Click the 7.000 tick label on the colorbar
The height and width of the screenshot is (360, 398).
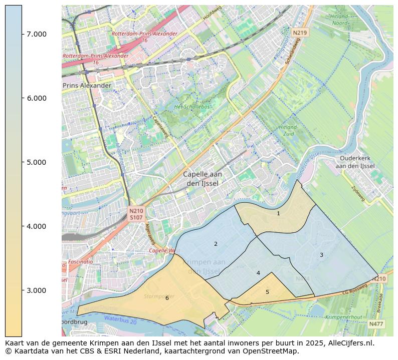[37, 34]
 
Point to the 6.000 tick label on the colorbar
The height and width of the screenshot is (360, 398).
[37, 98]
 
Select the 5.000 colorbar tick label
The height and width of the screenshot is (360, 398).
[37, 162]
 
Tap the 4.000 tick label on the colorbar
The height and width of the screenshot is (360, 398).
[37, 226]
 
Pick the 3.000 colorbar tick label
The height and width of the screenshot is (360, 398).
[37, 290]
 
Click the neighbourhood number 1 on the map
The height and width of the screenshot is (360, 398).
[278, 213]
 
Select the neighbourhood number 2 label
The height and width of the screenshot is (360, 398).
[216, 244]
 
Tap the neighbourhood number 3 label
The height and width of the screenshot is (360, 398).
[321, 255]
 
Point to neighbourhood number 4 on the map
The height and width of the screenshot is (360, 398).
[258, 273]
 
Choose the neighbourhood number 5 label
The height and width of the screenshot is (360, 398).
[267, 292]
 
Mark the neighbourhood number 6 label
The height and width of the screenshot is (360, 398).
[167, 298]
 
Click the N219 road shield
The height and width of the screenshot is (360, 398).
[299, 33]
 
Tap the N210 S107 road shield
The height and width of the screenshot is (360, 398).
[136, 214]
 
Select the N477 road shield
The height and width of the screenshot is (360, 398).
[376, 324]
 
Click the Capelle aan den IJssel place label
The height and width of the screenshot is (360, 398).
[203, 179]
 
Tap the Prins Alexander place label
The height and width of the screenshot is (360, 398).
[87, 86]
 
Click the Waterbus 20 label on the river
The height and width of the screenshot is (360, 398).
[120, 319]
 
